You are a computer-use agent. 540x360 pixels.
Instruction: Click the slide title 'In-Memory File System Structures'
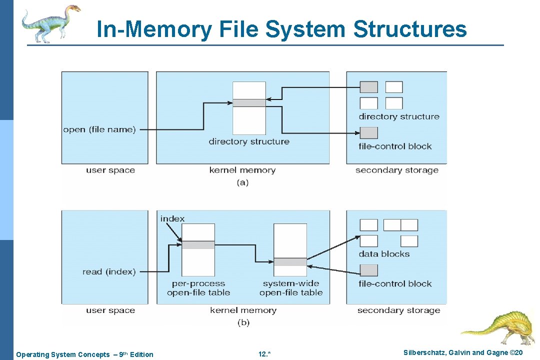pyautogui.click(x=281, y=29)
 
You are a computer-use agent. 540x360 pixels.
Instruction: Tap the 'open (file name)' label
pyautogui.click(x=99, y=129)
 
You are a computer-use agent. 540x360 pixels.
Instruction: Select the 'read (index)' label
pyautogui.click(x=109, y=271)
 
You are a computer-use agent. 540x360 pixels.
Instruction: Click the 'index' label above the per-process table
pyautogui.click(x=172, y=218)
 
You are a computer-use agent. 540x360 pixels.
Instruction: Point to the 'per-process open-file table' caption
pyautogui.click(x=198, y=288)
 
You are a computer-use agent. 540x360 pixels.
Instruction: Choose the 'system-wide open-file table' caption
pyautogui.click(x=291, y=288)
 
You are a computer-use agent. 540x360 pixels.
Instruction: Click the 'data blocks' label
pyautogui.click(x=384, y=254)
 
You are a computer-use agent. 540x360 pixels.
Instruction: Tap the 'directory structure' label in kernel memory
pyautogui.click(x=249, y=141)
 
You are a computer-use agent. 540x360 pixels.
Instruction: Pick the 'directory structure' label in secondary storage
pyautogui.click(x=399, y=116)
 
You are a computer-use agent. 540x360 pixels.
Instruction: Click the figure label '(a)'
pyautogui.click(x=242, y=182)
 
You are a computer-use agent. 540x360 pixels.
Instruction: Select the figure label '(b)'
pyautogui.click(x=243, y=322)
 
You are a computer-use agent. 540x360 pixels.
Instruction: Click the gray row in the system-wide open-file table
pyautogui.click(x=290, y=262)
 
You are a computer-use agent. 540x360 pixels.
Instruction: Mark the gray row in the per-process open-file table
pyautogui.click(x=198, y=245)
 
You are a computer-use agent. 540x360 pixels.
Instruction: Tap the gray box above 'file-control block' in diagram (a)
pyautogui.click(x=369, y=133)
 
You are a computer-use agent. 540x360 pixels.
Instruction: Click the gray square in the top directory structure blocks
pyautogui.click(x=369, y=87)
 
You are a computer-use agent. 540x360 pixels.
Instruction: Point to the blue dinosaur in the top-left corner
pyautogui.click(x=50, y=23)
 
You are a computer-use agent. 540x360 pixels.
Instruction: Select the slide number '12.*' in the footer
pyautogui.click(x=264, y=354)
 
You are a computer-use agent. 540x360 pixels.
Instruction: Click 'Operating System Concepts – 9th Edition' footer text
pyautogui.click(x=85, y=354)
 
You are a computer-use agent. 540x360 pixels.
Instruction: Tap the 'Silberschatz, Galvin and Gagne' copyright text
pyautogui.click(x=463, y=353)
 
